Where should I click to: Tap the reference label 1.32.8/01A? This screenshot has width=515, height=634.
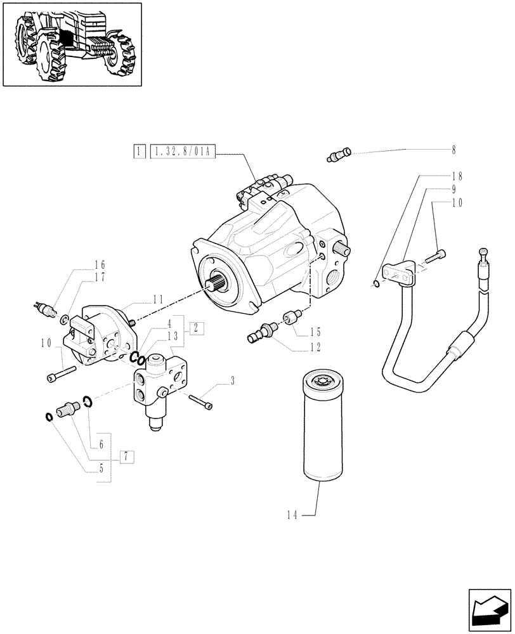click(x=183, y=152)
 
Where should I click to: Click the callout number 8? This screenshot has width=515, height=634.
click(x=453, y=150)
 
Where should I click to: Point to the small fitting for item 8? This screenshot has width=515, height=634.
click(x=339, y=154)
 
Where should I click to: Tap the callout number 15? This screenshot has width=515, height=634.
click(x=315, y=332)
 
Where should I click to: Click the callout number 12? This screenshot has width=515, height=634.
click(x=315, y=347)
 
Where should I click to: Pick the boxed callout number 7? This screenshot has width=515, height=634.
click(x=126, y=456)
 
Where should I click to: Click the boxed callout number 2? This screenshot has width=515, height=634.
click(x=196, y=328)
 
